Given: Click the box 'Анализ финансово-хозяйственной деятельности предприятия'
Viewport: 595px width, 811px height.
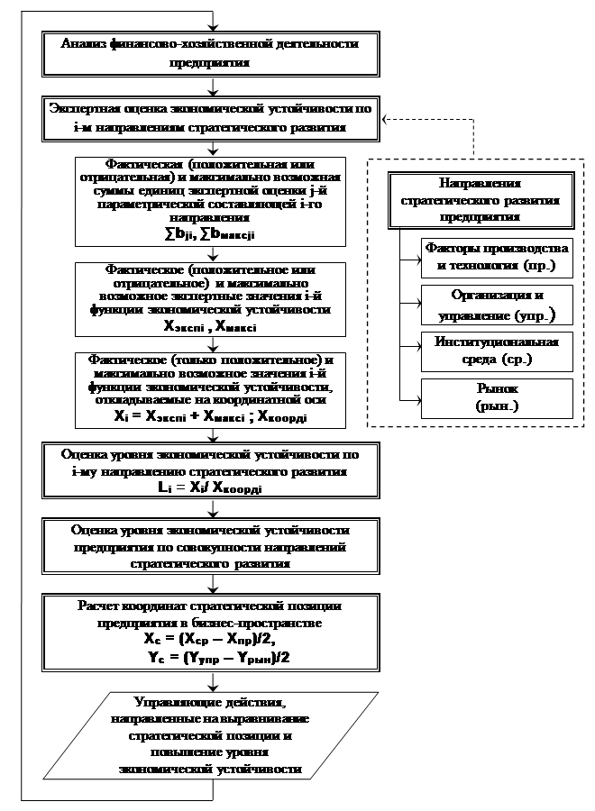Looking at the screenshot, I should pyautogui.click(x=210, y=54).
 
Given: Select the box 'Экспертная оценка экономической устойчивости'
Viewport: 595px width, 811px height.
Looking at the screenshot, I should pyautogui.click(x=210, y=118).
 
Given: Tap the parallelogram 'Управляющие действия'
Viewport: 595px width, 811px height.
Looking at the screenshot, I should pyautogui.click(x=210, y=734).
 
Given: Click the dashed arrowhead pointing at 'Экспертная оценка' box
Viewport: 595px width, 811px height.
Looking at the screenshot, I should pyautogui.click(x=385, y=118).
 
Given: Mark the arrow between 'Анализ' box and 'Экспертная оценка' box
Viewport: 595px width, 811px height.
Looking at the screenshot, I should pyautogui.click(x=210, y=87).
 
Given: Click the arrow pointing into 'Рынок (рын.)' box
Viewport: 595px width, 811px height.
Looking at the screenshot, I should pyautogui.click(x=416, y=397).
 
